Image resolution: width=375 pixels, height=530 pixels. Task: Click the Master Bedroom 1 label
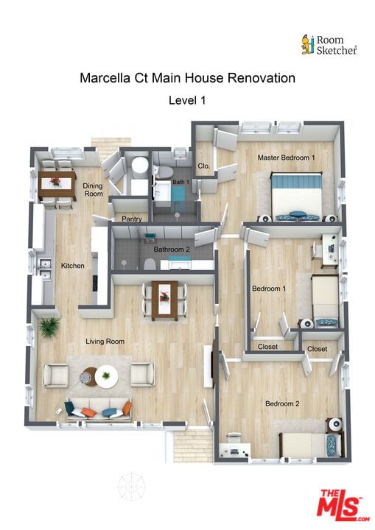click(286, 158)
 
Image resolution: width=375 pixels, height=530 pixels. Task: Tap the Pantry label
click(131, 219)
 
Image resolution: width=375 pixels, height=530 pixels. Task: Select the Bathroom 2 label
click(172, 250)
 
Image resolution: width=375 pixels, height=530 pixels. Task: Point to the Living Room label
click(105, 342)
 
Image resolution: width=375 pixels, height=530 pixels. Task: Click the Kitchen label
click(72, 266)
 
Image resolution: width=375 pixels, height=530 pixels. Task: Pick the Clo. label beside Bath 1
click(204, 166)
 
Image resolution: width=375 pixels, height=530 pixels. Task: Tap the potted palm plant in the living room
click(49, 327)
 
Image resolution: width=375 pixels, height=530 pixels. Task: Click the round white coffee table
click(106, 377)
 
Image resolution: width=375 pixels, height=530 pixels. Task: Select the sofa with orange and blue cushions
click(99, 409)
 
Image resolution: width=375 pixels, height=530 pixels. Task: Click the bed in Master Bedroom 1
click(297, 197)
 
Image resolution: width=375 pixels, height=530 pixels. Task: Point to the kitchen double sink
click(45, 269)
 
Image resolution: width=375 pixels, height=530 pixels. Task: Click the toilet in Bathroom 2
click(150, 264)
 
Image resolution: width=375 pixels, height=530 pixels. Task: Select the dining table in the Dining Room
click(57, 185)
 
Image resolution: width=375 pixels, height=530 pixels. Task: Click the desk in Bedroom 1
click(330, 250)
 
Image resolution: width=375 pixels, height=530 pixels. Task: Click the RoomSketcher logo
click(329, 45)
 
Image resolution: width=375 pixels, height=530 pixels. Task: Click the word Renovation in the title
click(262, 78)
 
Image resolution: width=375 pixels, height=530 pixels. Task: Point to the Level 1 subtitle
click(187, 100)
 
